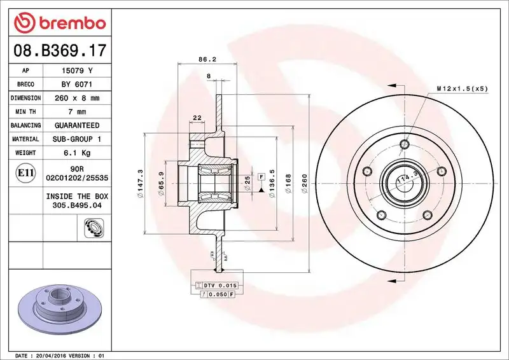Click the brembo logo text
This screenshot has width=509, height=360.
click(x=70, y=24)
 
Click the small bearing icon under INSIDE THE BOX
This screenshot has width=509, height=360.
click(x=94, y=226)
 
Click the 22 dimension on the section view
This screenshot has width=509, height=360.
click(x=197, y=117)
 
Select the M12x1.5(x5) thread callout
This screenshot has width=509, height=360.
click(x=462, y=88)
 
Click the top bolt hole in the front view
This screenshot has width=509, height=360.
click(x=403, y=145)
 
